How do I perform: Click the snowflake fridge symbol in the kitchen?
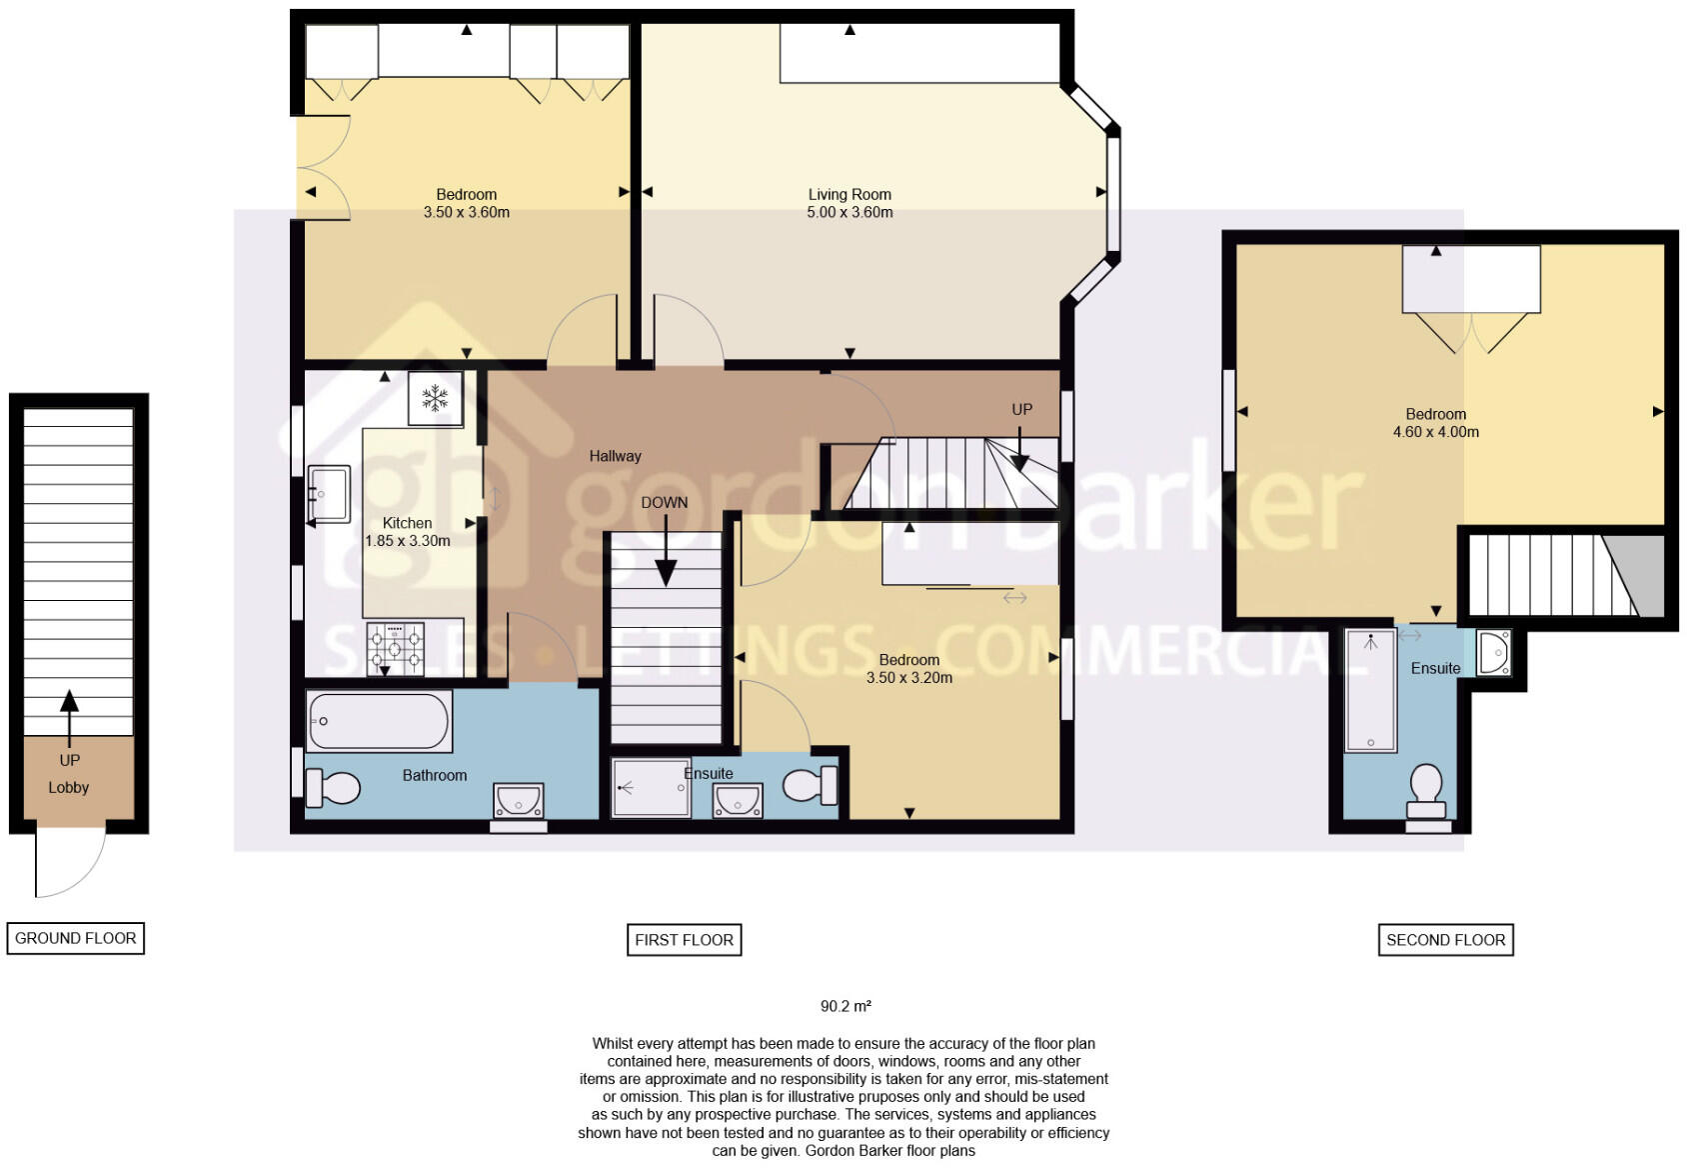pos(435,398)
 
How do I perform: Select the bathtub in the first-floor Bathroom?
pos(378,721)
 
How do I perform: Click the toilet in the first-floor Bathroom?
pos(332,788)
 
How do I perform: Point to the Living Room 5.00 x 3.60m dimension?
pos(849,212)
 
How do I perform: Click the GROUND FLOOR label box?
pos(76,938)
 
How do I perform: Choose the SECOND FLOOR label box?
pos(1445,940)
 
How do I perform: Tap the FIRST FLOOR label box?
pos(684,940)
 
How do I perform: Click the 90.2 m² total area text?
pos(845,1006)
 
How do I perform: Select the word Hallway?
pos(615,456)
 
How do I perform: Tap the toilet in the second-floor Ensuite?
pos(1426,788)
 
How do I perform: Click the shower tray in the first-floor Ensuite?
pos(651,788)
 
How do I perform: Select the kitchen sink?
pos(328,493)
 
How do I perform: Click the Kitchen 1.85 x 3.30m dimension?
pos(407,541)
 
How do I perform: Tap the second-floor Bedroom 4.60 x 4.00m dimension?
pos(1435,432)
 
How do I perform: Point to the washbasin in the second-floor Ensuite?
pos(1493,652)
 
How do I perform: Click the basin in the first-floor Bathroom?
pos(518,800)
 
